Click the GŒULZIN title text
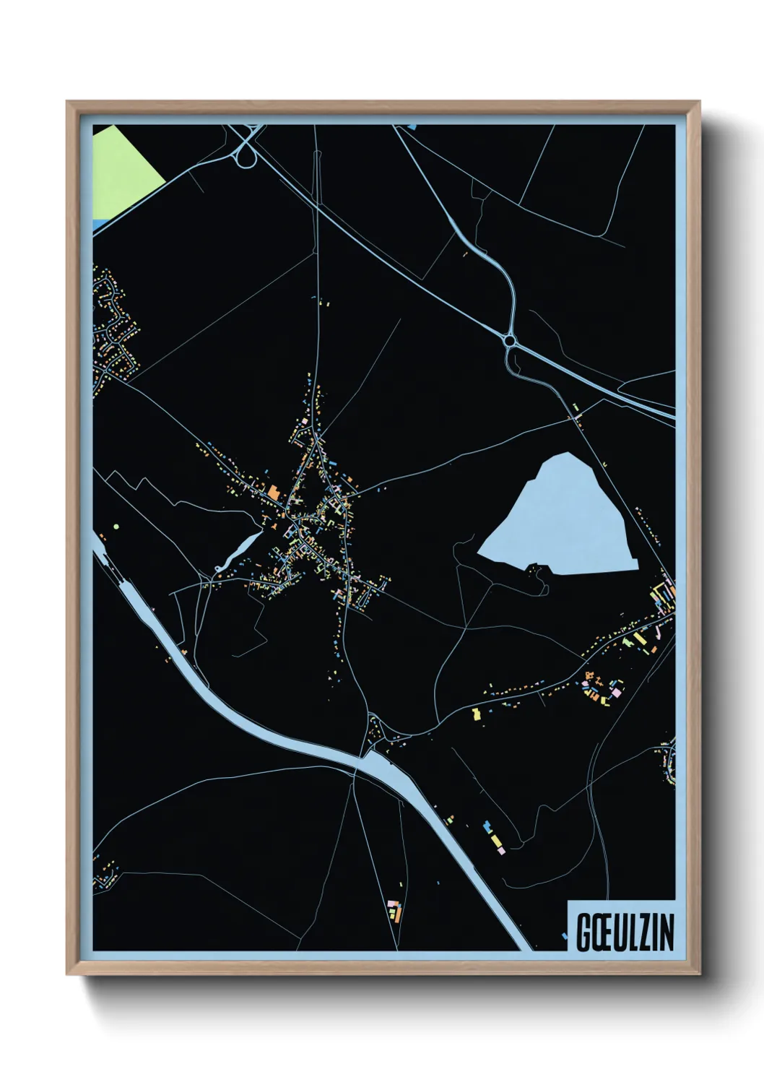[625, 932]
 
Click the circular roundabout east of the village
[511, 340]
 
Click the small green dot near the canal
[115, 527]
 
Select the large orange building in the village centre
[274, 493]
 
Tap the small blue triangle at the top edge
[412, 127]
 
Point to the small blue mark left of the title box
[565, 937]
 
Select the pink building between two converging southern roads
[392, 904]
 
